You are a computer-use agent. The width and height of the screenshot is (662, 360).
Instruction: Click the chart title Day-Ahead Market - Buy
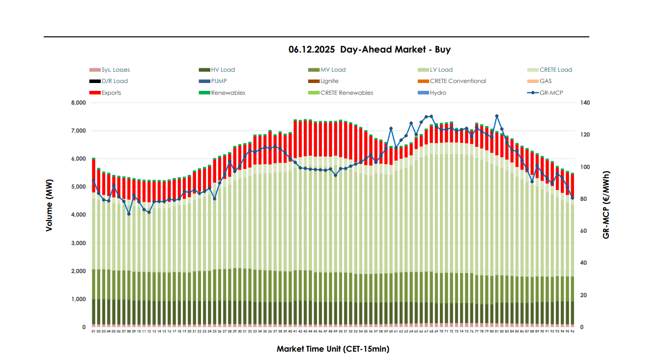pos(370,50)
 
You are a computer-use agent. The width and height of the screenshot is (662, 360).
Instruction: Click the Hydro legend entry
pos(438,93)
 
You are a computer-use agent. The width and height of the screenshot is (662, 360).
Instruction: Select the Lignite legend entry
pos(329,81)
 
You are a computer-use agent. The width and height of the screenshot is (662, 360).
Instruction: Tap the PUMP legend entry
pos(219,81)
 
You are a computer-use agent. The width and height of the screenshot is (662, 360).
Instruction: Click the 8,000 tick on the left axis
pos(78,103)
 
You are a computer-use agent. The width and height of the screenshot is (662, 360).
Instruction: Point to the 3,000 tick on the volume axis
pos(78,243)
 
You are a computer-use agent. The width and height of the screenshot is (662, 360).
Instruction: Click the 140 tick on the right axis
pos(585,103)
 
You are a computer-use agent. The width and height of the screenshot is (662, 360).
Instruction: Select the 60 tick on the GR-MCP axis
pos(583,231)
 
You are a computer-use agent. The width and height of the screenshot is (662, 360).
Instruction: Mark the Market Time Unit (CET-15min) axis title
pos(333,349)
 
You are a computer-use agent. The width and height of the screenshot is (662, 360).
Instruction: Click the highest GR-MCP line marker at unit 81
pos(497,116)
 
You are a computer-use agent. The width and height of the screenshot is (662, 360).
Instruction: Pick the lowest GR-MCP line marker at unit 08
pos(129,214)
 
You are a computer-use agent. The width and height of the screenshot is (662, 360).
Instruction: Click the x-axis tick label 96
pos(573,332)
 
